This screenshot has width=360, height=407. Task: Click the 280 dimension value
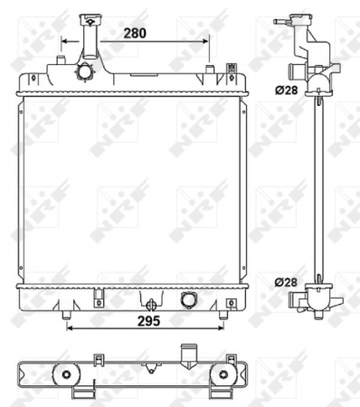tap(136, 33)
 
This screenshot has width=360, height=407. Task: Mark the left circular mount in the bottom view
tap(65, 375)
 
